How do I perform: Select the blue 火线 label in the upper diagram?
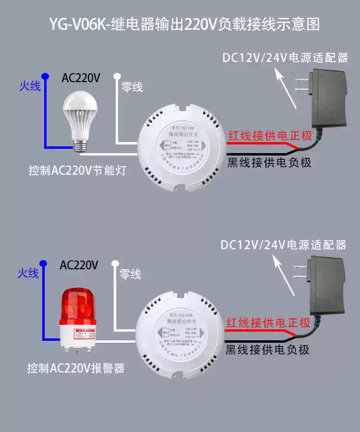[x=30, y=86]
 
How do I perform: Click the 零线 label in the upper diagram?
[x=132, y=87]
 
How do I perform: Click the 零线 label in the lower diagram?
[x=130, y=275]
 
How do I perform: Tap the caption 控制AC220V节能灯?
[x=77, y=170]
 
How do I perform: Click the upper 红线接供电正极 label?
[x=270, y=135]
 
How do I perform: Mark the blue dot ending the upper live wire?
[x=45, y=76]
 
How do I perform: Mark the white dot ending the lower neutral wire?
[x=115, y=263]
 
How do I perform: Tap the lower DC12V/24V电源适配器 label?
[x=283, y=245]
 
